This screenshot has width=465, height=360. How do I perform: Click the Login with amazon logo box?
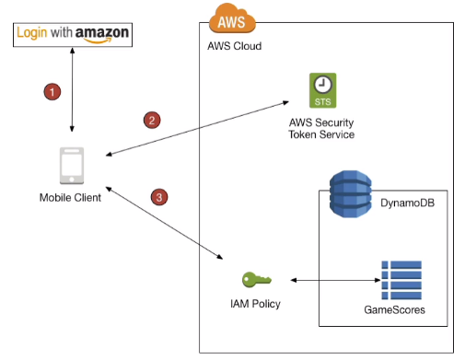[x=73, y=35]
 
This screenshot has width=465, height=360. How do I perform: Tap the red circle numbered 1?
[x=52, y=91]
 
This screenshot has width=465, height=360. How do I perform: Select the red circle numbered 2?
[x=152, y=120]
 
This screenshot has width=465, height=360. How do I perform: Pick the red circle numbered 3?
[x=159, y=197]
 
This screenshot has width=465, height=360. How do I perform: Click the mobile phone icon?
[x=72, y=166]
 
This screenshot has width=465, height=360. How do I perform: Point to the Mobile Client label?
[x=70, y=198]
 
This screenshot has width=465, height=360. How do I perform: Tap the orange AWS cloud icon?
[x=232, y=18]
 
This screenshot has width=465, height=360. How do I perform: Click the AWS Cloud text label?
[x=235, y=46]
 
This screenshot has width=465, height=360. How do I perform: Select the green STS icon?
[x=322, y=90]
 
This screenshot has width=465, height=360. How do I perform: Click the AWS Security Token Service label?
[x=321, y=129]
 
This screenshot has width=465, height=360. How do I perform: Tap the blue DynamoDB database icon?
[x=351, y=194]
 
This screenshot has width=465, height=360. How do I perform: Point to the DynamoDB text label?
[x=407, y=203]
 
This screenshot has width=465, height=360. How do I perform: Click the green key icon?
[x=257, y=280]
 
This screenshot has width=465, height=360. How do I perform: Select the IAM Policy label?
[x=255, y=304]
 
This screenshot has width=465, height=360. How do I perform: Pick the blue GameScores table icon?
[x=401, y=280]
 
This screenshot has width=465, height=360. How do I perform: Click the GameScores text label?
[x=394, y=309]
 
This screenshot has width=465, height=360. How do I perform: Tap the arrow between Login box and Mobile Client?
[x=72, y=89]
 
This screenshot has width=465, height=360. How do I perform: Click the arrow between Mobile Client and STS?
[x=197, y=128]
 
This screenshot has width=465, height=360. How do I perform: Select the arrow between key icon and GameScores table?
[x=335, y=280]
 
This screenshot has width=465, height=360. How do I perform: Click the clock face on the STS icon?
[x=322, y=84]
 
